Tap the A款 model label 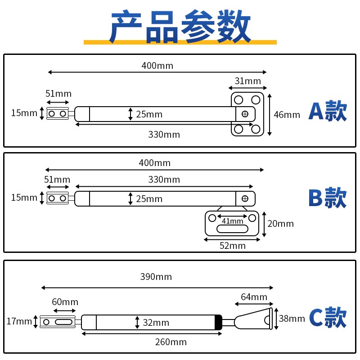328,112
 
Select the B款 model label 328,198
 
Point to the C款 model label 328,318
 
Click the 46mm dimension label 287,115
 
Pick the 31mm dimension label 247,81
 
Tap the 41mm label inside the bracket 232,220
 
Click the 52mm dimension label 232,246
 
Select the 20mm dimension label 280,224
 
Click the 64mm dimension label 254,297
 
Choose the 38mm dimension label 291,319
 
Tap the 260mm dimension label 171,342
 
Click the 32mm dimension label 156,323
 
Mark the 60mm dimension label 65,302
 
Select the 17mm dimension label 19,321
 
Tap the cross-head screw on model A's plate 245,114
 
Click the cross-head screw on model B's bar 245,198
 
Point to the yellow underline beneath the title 180,42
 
